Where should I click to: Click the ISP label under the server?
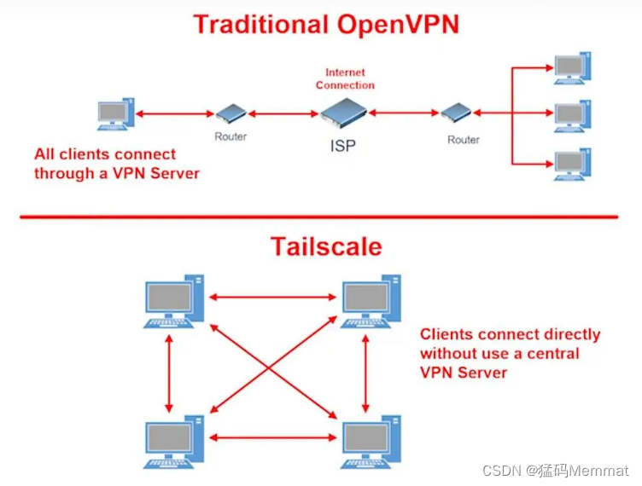(343, 146)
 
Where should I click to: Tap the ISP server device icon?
(343, 112)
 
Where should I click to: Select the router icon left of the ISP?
(231, 113)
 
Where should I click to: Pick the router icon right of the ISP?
(456, 112)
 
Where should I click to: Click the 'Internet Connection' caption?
(345, 78)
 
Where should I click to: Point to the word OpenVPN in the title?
(398, 24)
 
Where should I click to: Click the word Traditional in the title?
(261, 24)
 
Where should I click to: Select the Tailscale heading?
(326, 246)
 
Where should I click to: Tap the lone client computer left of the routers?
(116, 114)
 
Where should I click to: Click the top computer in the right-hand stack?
(572, 68)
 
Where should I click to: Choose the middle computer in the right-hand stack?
(572, 116)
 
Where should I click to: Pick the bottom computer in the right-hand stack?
(572, 165)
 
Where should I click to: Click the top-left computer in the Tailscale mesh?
(174, 301)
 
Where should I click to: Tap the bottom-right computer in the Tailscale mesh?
(371, 442)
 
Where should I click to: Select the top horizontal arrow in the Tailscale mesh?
(272, 298)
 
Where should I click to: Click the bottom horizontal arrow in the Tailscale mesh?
(272, 437)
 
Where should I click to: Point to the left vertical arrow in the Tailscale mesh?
(169, 373)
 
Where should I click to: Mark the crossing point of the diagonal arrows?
(269, 367)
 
